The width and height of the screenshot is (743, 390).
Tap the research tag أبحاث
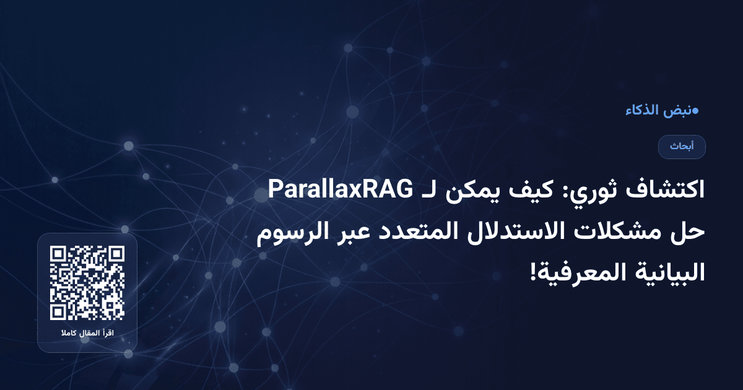tap(682, 147)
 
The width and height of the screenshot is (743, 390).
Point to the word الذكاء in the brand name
tap(644, 111)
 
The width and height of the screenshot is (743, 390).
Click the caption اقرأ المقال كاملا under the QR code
tap(87, 335)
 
